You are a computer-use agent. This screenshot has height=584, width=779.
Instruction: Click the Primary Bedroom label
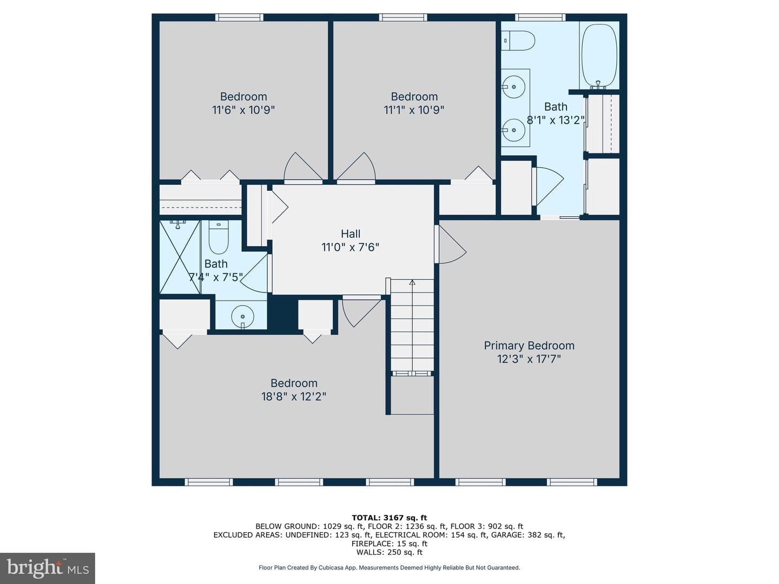[529, 346]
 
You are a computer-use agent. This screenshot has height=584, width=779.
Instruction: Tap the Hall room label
[351, 234]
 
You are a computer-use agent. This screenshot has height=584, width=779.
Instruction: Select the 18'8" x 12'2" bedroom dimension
[294, 396]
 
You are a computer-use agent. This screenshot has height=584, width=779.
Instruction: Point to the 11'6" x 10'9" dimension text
[243, 110]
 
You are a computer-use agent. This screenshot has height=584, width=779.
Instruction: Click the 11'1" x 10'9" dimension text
[414, 110]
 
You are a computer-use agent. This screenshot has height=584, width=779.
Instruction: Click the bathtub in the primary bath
[599, 55]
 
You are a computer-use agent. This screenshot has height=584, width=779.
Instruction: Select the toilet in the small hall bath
[218, 237]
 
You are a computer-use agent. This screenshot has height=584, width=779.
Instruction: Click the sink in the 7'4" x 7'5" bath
[243, 316]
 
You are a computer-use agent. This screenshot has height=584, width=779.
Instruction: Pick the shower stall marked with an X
[180, 257]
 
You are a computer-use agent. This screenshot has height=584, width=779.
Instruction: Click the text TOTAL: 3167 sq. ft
[389, 518]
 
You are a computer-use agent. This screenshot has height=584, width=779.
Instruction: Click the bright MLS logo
[48, 568]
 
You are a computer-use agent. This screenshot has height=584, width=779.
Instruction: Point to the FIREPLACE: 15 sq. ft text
[389, 543]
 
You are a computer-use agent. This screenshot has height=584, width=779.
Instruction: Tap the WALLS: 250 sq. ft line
[389, 552]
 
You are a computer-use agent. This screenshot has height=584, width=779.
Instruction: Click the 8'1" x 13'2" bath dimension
[556, 120]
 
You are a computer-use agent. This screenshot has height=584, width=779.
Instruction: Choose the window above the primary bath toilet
[540, 17]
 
